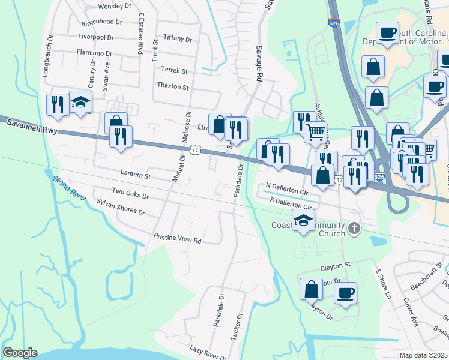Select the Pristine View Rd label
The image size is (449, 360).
177,238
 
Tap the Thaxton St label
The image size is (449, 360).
172,86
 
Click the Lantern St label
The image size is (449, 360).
135,175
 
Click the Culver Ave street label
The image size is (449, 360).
411,311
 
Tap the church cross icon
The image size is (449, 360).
355,228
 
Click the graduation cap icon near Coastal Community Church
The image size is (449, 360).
304,220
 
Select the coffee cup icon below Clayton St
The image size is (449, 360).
345,293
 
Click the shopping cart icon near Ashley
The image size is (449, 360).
315,131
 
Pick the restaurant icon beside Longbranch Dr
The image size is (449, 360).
58,104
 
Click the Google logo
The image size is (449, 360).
20,353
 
